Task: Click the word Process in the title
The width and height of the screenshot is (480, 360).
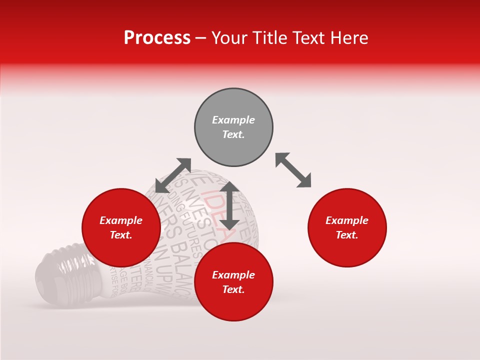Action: [x=157, y=37]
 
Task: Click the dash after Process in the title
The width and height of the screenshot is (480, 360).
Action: [x=200, y=38]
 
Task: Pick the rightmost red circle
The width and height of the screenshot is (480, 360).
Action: [x=347, y=227]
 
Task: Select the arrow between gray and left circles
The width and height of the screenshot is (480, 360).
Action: [x=173, y=175]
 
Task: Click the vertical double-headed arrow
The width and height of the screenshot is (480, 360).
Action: [x=229, y=205]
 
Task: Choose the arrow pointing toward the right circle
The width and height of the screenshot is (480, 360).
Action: [x=293, y=170]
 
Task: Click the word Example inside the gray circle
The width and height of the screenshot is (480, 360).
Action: [x=233, y=120]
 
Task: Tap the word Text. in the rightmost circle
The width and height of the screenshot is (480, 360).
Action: [x=347, y=235]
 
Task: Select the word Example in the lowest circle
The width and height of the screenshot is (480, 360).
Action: [x=233, y=275]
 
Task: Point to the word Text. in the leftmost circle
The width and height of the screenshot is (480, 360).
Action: [x=121, y=235]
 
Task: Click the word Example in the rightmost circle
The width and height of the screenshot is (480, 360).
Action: [x=347, y=220]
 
